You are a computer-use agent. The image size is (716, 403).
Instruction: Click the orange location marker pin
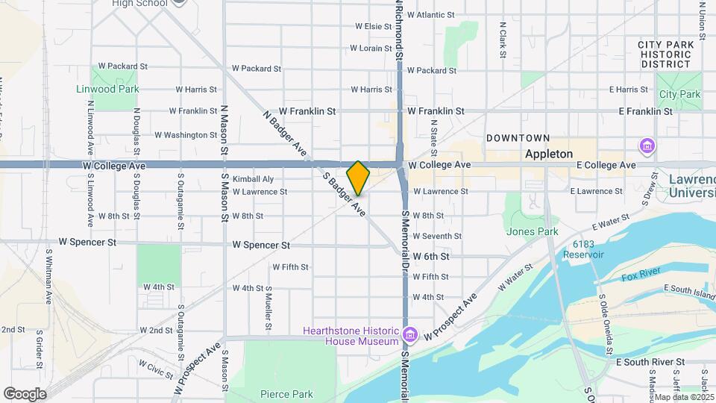pos(358,178)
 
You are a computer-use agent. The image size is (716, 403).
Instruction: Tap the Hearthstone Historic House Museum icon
pos(408,333)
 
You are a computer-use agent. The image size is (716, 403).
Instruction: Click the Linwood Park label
pos(107,89)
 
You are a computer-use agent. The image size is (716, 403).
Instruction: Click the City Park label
pos(679,95)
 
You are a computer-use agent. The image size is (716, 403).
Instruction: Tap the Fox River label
pos(641,278)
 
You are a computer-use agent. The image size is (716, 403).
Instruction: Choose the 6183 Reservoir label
pos(588,249)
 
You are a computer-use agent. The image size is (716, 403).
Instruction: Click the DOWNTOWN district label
pos(518,138)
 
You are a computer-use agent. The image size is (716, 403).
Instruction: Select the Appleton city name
pos(548,154)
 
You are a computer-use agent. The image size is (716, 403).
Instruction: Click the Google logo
pos(24,393)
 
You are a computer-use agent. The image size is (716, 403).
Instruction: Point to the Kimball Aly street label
pos(253,179)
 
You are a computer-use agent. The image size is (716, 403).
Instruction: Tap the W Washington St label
pos(186,135)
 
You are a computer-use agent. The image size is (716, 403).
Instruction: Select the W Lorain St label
pos(371,49)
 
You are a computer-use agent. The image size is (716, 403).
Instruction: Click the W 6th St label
pos(431,256)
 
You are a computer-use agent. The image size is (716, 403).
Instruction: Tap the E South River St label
pos(650,362)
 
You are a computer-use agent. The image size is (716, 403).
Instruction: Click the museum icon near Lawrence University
pos(646,145)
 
